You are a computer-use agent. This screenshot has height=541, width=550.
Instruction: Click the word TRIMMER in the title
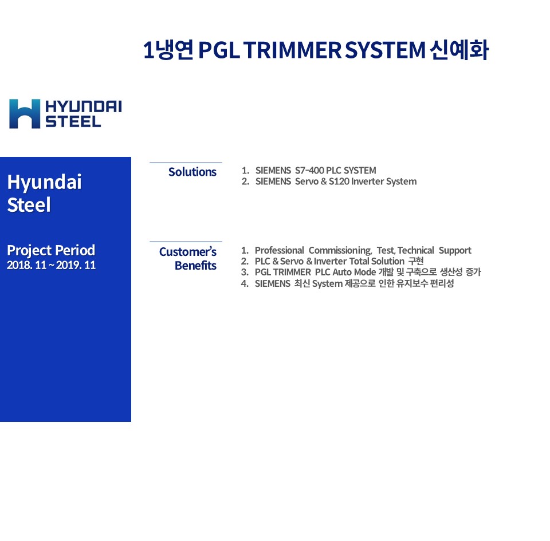click(x=293, y=50)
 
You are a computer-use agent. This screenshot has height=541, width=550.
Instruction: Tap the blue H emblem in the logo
click(x=25, y=113)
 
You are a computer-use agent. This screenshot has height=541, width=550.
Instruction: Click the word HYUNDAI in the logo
click(x=84, y=106)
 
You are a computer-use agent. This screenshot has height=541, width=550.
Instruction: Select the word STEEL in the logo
click(x=73, y=121)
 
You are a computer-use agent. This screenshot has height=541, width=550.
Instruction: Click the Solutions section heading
click(x=192, y=172)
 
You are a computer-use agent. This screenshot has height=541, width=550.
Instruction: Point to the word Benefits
click(x=195, y=266)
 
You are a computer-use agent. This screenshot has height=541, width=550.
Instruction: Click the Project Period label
click(x=51, y=250)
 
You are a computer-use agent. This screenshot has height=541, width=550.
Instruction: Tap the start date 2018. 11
click(x=27, y=265)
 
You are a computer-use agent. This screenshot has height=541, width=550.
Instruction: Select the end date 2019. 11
click(x=76, y=265)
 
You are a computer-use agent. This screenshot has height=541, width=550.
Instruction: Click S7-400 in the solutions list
click(x=309, y=170)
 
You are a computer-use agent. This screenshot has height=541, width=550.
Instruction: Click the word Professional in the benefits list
click(x=279, y=250)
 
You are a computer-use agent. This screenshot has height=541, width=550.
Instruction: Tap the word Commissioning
click(x=340, y=250)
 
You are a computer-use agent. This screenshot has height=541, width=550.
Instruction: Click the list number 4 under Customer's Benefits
click(x=244, y=283)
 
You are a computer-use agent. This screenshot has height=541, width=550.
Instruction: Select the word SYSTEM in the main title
click(x=385, y=50)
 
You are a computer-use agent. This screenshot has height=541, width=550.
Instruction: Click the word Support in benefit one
click(x=455, y=251)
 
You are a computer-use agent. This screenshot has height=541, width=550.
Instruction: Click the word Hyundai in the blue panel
click(x=44, y=182)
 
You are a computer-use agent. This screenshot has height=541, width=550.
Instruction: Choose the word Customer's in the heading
click(x=188, y=251)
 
